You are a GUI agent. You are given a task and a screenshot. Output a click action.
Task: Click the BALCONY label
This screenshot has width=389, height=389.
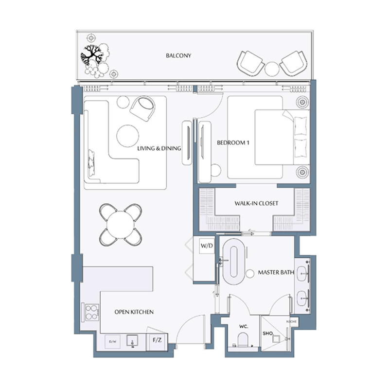(x=178, y=56)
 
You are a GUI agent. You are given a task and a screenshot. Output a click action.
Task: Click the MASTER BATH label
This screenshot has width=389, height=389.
(x=276, y=272)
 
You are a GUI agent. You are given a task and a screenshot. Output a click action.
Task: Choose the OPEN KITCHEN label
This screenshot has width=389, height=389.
(x=134, y=312)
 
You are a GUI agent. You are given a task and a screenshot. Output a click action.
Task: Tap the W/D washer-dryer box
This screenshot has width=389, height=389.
(x=206, y=246)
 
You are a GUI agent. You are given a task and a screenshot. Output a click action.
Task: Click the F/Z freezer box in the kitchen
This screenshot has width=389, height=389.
(x=157, y=340)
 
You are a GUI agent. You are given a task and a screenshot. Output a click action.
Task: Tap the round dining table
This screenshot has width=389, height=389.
(x=121, y=224)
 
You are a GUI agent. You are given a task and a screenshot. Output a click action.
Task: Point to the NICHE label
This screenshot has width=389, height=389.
(x=292, y=322)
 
